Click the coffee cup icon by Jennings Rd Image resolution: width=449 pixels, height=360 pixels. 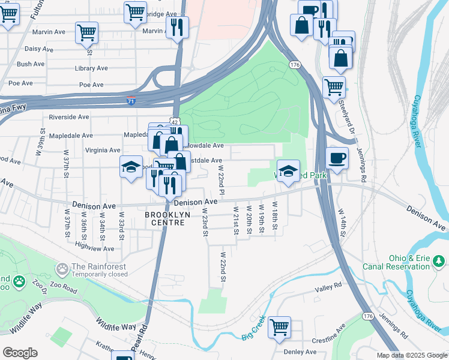[x=337, y=159]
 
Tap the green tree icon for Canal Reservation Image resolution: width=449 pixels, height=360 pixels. [x=439, y=261]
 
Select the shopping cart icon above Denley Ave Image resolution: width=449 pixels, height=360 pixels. [x=279, y=328]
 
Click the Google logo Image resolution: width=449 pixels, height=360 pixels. [x=20, y=353]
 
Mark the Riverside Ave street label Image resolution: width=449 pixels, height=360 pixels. [x=69, y=117]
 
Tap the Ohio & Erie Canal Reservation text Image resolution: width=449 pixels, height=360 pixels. [x=396, y=262]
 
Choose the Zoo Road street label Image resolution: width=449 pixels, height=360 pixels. [x=63, y=290]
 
